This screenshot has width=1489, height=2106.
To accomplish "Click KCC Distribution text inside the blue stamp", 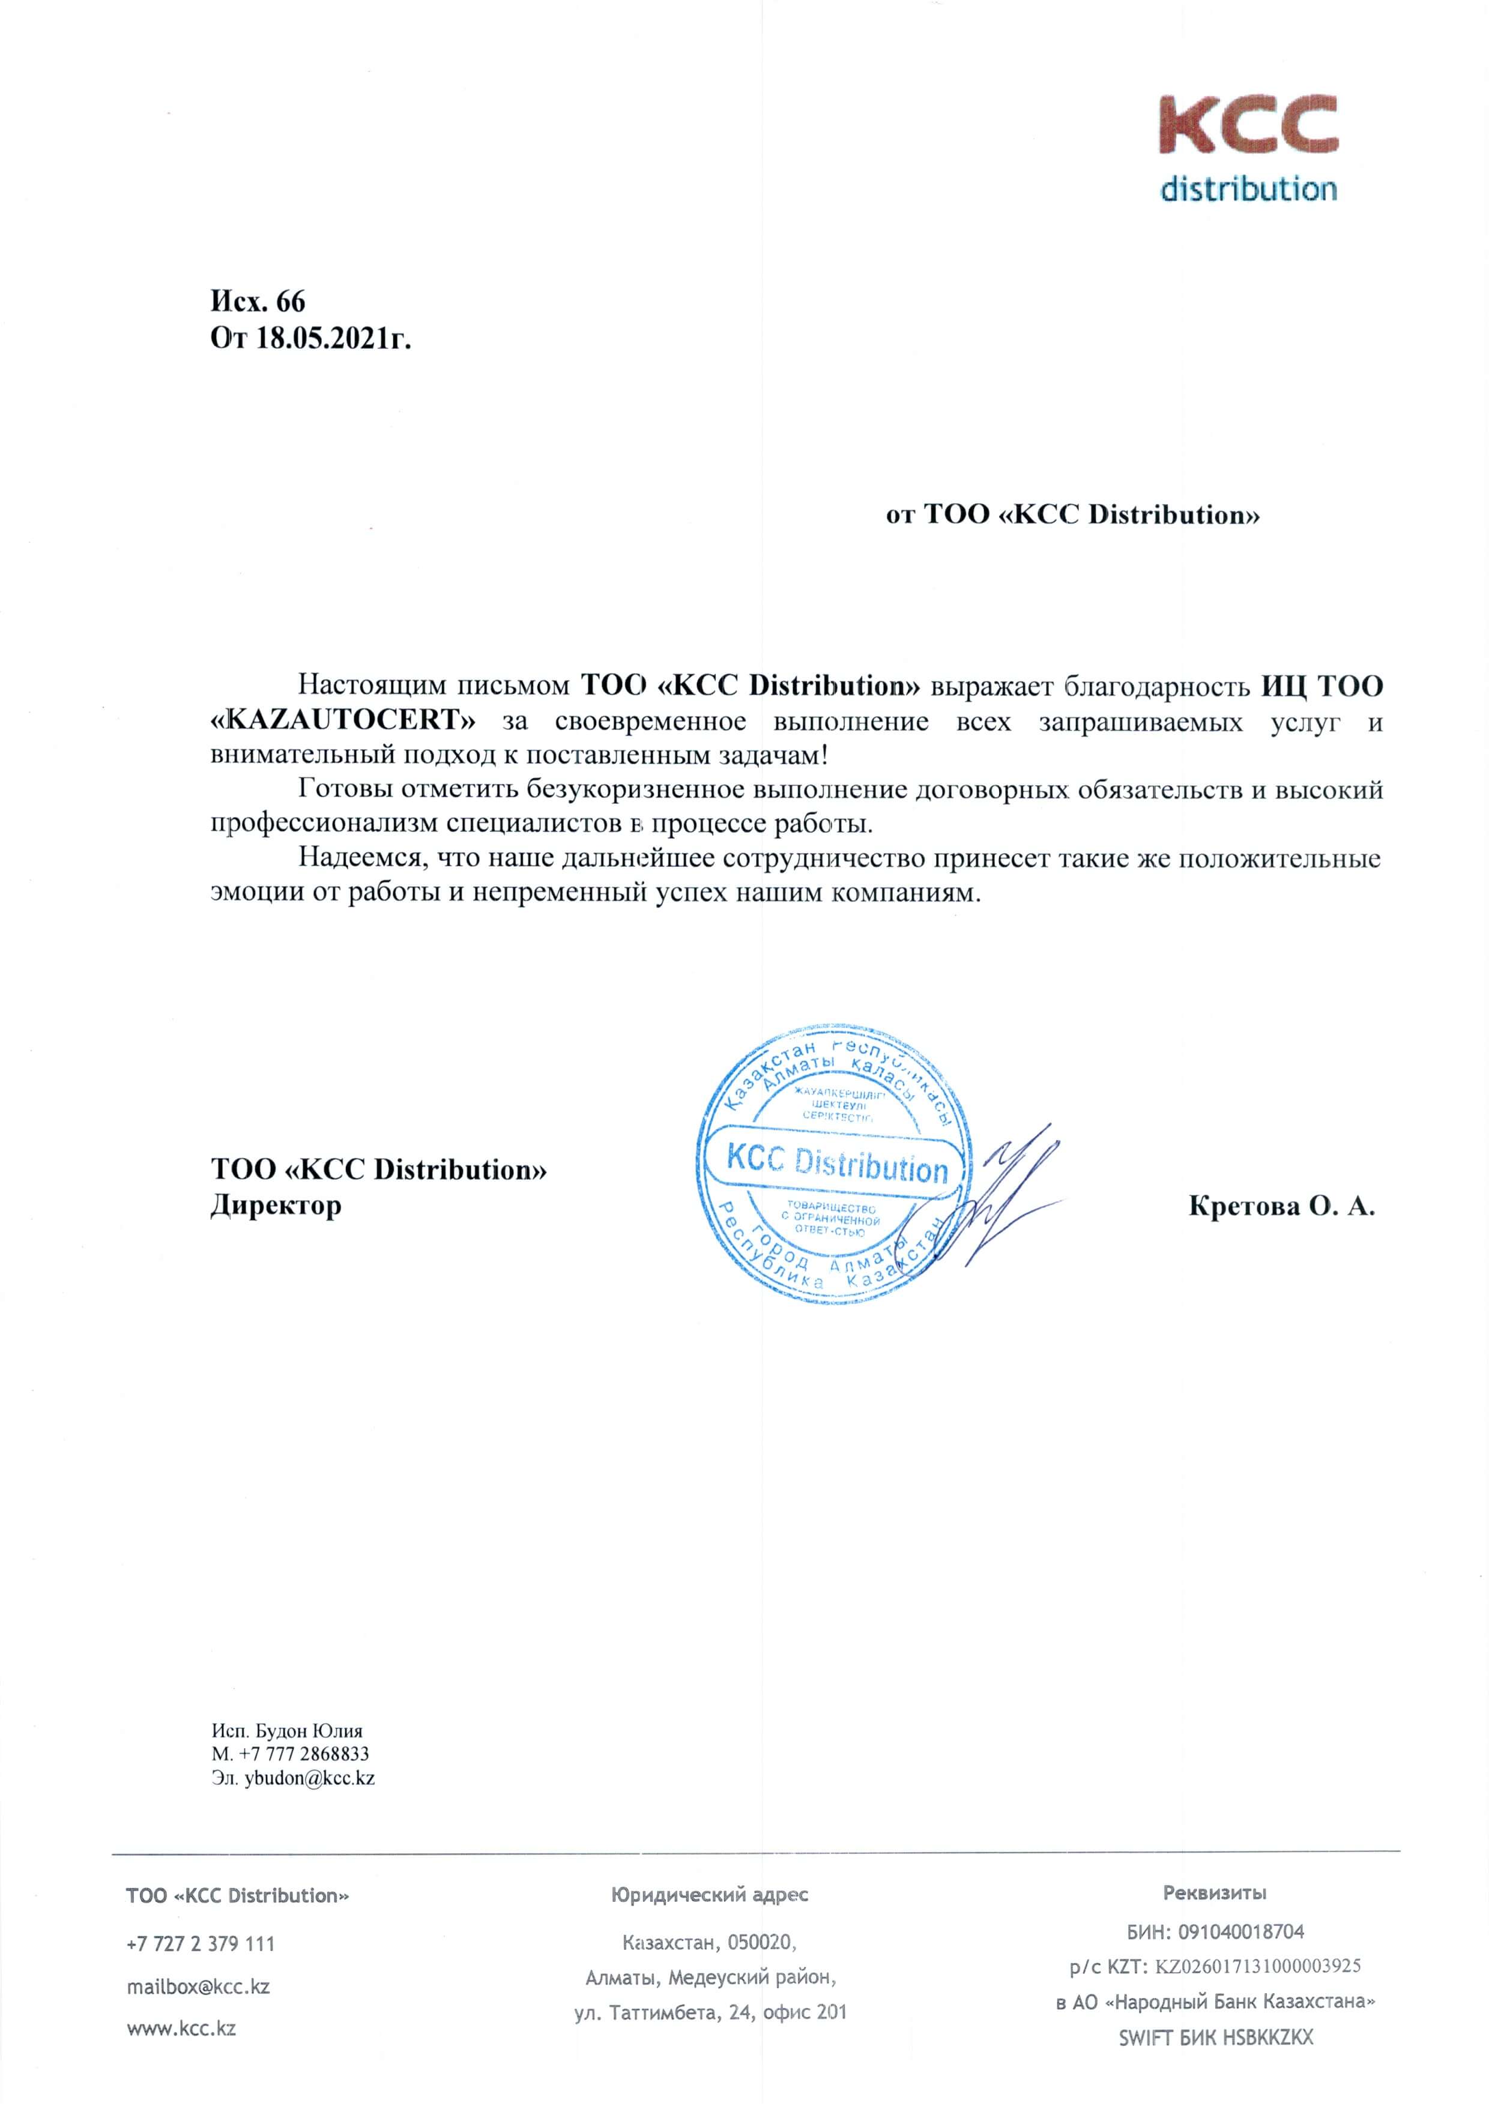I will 837,1164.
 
